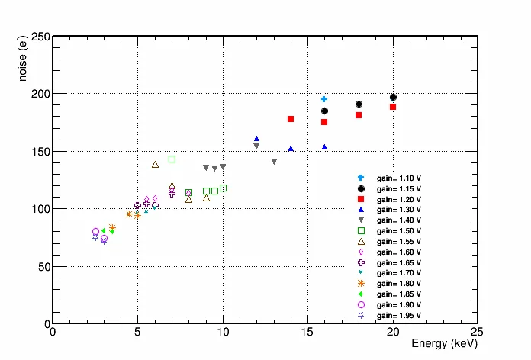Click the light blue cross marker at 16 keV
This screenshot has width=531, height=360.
[324, 99]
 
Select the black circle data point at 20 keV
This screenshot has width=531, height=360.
[393, 98]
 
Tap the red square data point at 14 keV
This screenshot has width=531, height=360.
[291, 119]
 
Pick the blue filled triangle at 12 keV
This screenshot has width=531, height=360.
[256, 139]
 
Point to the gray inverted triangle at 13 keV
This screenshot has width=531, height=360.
[274, 162]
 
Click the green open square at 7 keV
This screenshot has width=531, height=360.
[172, 159]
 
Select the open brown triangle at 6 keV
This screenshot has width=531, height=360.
[155, 164]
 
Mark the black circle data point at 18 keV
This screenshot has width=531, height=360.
[359, 104]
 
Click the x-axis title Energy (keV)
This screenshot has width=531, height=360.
[444, 344]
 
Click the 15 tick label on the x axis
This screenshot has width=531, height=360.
[307, 332]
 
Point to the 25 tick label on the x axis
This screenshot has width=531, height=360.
[478, 332]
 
